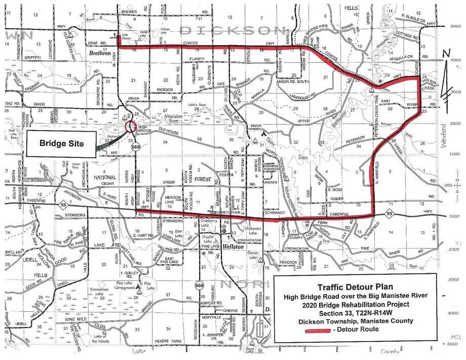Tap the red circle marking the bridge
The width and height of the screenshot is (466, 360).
[x=131, y=126]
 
